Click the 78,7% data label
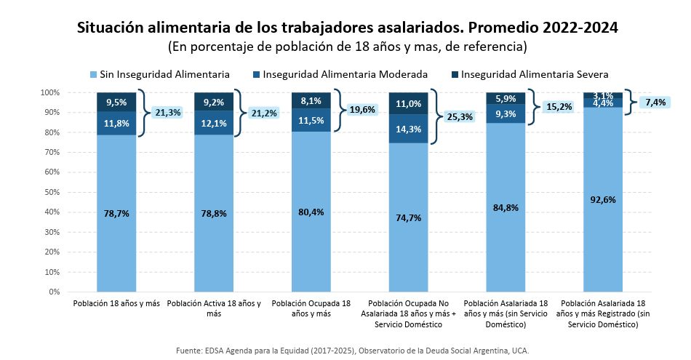[116, 213]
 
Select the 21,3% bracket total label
[168, 113]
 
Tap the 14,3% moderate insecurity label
[408, 129]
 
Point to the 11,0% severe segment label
[408, 104]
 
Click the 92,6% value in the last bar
[603, 199]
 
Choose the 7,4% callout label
[655, 103]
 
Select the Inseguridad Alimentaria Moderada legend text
[345, 74]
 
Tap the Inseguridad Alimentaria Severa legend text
[535, 74]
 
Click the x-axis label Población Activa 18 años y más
[214, 308]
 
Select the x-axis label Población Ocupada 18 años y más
[311, 308]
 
